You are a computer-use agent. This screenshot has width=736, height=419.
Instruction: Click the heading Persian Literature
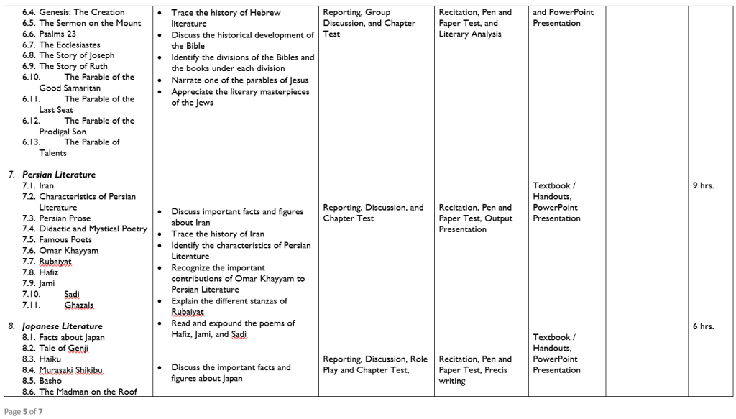point(58,175)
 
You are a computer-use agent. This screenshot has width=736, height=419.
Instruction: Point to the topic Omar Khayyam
point(68,251)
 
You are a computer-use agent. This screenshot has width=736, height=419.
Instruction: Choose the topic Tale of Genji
point(67,349)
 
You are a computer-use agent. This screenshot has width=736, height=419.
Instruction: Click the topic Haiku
point(50,359)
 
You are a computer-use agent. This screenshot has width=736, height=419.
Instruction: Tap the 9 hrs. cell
point(703,185)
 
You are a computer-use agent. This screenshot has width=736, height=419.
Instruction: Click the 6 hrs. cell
point(703,326)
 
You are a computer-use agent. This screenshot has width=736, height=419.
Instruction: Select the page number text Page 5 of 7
point(22,411)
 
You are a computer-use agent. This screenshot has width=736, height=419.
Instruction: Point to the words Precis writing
point(474,376)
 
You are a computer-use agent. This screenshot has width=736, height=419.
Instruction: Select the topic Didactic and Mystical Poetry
point(93,229)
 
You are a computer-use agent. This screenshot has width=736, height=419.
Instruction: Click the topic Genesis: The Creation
point(81,12)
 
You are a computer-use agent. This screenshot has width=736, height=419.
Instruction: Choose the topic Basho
point(50,381)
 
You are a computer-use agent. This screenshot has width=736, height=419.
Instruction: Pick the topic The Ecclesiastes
point(70,45)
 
